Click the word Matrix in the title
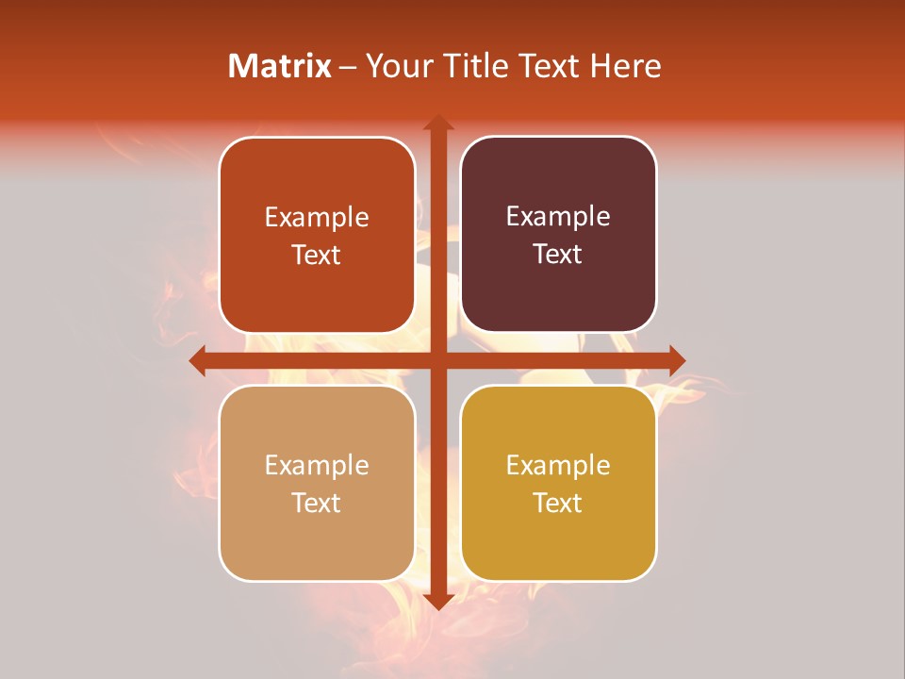[280, 66]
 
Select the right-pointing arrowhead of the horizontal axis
[676, 360]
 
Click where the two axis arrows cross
[437, 360]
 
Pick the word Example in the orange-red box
[317, 218]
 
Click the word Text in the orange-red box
[317, 255]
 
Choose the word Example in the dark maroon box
[558, 217]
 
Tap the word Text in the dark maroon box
[558, 254]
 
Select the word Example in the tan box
[317, 466]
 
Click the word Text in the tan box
[317, 503]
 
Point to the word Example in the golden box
[558, 466]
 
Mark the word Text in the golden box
[558, 503]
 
